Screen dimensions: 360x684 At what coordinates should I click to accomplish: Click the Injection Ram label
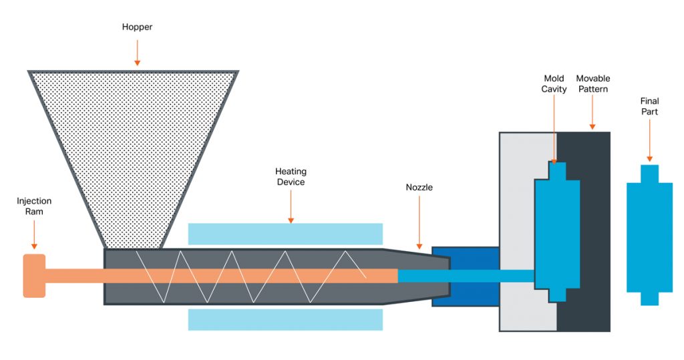point(34,206)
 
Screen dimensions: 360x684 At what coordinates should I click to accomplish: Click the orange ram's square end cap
point(34,275)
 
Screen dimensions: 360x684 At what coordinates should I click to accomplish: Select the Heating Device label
point(290,177)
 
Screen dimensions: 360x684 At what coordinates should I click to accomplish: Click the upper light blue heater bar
point(285,234)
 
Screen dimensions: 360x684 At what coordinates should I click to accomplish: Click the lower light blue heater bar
point(285,319)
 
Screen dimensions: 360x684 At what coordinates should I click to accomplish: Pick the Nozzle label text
point(419,187)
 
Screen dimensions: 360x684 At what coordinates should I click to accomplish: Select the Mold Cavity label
point(554,83)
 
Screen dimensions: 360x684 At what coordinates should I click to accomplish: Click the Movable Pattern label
point(592,83)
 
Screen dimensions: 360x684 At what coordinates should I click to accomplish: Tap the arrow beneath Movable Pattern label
point(592,114)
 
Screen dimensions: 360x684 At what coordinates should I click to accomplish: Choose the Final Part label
point(649,107)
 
